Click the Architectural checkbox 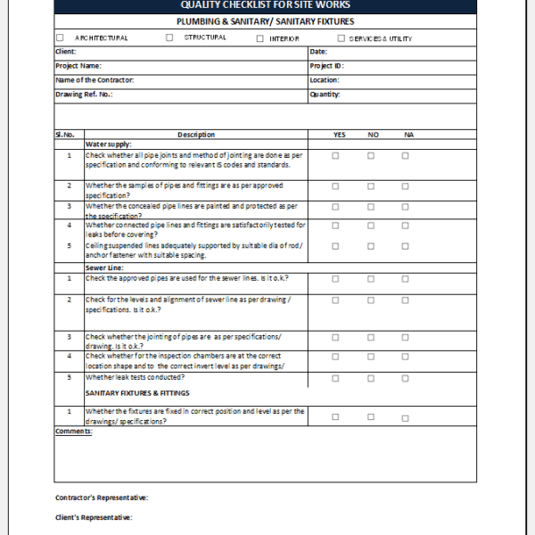(60, 38)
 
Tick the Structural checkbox (169, 38)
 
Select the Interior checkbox (260, 38)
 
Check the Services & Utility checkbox (341, 38)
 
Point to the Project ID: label (326, 66)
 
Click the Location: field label (324, 80)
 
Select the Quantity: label (325, 94)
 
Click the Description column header (196, 135)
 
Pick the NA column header (409, 135)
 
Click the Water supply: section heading (109, 144)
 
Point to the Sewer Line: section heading (105, 267)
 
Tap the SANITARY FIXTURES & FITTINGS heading (138, 392)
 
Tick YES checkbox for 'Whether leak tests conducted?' (336, 376)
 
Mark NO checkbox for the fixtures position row (371, 416)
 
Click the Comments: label (73, 432)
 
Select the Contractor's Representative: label (102, 498)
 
